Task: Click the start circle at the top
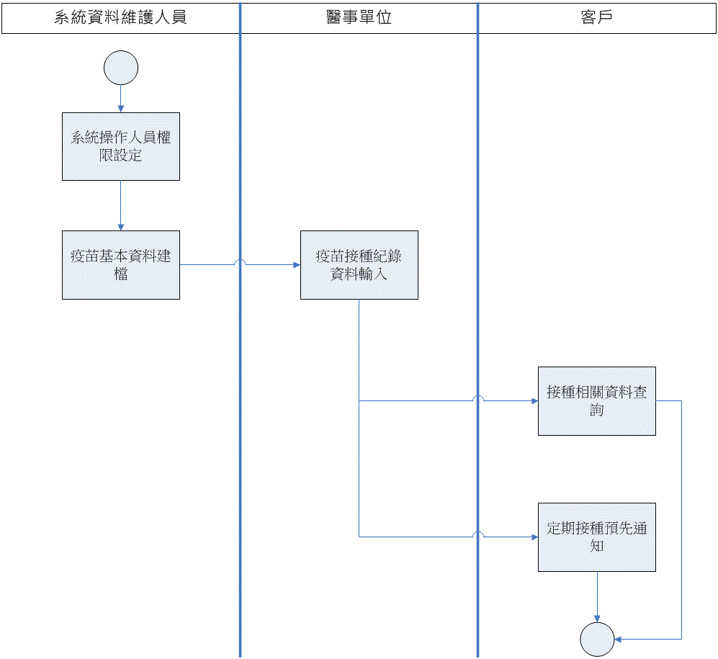point(121,68)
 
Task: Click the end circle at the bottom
point(597,639)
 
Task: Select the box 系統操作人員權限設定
point(121,146)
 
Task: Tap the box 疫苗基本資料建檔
point(121,264)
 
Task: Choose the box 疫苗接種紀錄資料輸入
point(359,264)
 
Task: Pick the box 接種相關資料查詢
point(596,401)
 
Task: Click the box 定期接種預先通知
point(596,537)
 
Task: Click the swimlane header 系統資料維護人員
point(120,18)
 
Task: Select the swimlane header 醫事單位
point(359,18)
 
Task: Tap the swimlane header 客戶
point(596,18)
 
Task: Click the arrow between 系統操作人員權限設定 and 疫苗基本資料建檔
point(121,205)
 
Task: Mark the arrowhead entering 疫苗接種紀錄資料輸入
point(297,265)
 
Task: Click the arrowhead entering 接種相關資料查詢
point(534,401)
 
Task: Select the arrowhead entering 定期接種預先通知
point(534,537)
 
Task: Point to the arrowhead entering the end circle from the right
point(618,639)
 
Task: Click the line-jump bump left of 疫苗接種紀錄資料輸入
point(241,263)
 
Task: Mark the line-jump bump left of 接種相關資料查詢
point(478,398)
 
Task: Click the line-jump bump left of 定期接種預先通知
point(478,534)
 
